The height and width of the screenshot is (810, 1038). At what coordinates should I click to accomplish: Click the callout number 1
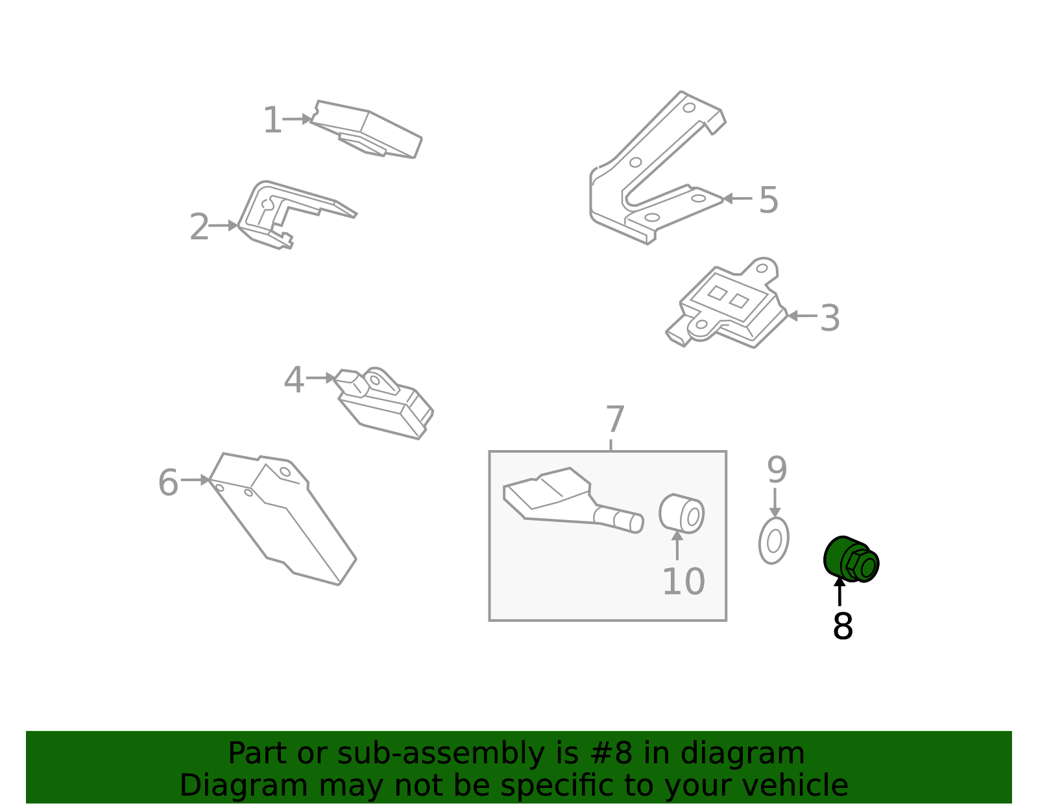(272, 120)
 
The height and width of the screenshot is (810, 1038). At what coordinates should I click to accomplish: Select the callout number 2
(199, 227)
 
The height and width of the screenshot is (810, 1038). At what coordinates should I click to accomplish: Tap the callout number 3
(830, 318)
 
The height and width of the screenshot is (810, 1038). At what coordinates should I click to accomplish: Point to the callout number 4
(294, 380)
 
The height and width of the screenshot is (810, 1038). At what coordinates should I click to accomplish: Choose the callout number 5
(769, 200)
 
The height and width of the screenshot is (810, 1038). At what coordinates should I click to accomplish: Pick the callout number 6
(168, 482)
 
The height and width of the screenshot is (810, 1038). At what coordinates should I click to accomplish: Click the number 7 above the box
(615, 419)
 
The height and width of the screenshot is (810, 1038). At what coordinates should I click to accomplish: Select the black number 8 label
(843, 626)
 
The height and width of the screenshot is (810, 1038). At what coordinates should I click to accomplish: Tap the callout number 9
(777, 470)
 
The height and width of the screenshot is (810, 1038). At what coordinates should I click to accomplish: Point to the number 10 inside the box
(684, 582)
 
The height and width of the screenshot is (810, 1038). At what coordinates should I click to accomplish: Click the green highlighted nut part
(851, 560)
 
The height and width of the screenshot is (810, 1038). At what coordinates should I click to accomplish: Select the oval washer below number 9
(774, 541)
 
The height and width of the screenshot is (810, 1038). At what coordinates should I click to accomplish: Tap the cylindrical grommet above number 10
(681, 514)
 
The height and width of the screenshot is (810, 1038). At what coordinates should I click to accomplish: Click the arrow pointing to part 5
(738, 198)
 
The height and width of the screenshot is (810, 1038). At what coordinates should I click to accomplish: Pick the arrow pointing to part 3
(802, 315)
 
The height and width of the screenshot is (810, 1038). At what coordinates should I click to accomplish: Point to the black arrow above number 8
(839, 591)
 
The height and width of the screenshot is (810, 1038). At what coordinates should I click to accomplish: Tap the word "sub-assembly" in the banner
(441, 753)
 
